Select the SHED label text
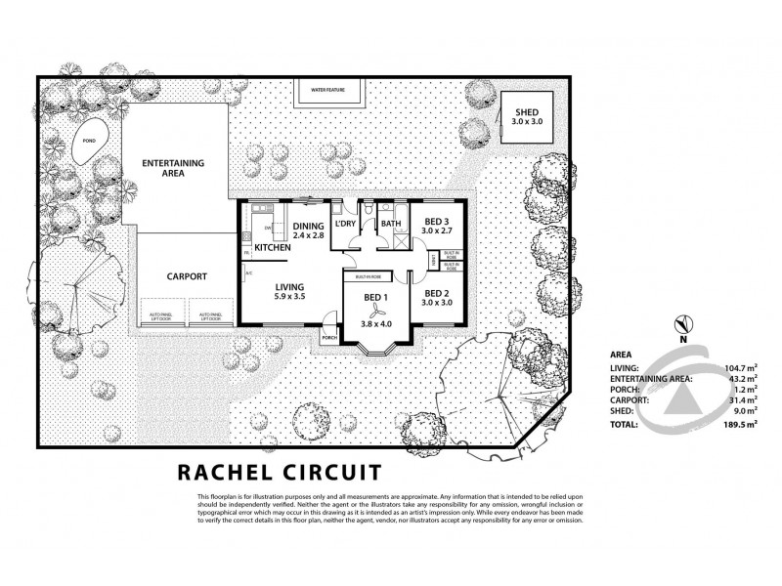coord(526,113)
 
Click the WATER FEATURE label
coord(328,90)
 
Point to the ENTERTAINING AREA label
coord(173,167)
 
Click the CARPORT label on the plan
coord(185,276)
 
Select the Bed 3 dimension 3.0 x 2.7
coord(435,232)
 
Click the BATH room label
coord(390,224)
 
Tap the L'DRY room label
coord(345,224)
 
